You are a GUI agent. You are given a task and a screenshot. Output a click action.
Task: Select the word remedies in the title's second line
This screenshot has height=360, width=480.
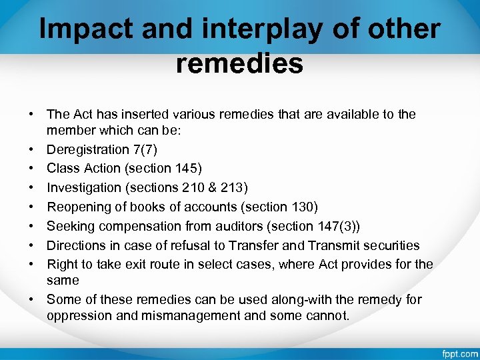tap(240, 64)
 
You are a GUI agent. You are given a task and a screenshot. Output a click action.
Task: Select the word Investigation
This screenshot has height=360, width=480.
tap(86, 188)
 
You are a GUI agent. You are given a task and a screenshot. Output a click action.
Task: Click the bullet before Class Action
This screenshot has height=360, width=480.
tap(31, 169)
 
